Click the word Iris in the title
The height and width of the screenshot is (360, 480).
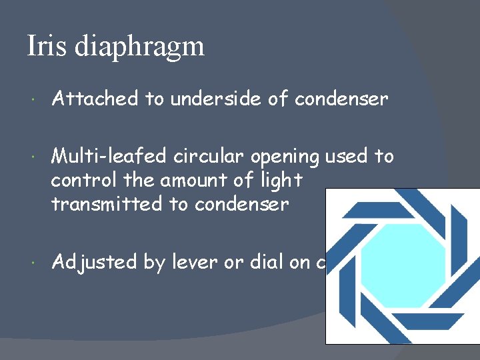(46, 46)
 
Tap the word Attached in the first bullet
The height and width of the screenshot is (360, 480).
(96, 99)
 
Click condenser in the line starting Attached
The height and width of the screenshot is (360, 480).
(341, 99)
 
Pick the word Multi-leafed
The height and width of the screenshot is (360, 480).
(110, 157)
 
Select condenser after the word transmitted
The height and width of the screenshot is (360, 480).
(242, 204)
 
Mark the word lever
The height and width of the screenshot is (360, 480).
(193, 262)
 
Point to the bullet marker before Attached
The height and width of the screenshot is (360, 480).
(34, 101)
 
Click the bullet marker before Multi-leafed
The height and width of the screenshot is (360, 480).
(34, 158)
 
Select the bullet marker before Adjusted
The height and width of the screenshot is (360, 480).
(34, 263)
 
